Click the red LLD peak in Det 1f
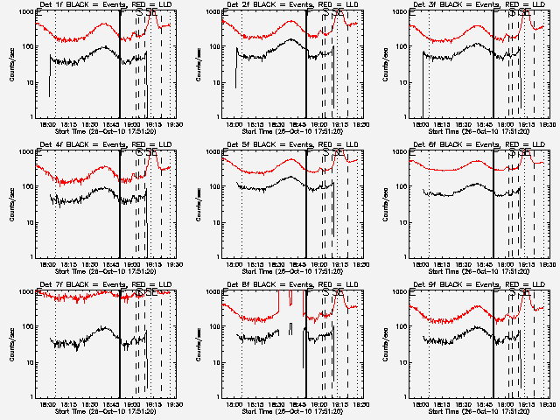coord(155,16)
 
